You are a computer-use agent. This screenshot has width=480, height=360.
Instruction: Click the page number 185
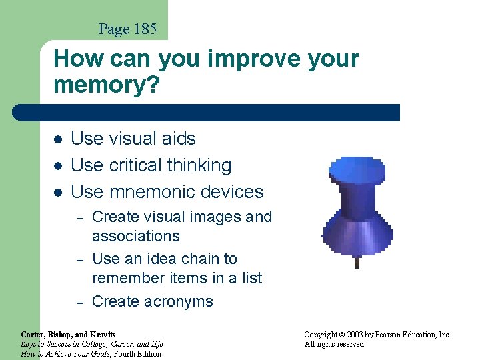click(x=144, y=29)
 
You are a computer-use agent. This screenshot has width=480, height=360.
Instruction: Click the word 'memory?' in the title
click(x=107, y=85)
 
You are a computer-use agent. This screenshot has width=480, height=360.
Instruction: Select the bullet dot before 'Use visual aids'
click(x=58, y=139)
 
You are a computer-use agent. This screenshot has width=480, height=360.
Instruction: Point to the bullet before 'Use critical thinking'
click(x=58, y=166)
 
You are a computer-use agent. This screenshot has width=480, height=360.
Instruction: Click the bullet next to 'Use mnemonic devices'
click(x=58, y=193)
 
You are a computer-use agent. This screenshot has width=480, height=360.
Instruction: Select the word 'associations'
click(x=135, y=236)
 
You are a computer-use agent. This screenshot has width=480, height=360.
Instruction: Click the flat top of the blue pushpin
click(x=357, y=171)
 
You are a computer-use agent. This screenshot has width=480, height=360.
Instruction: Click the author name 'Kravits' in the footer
click(x=102, y=335)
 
